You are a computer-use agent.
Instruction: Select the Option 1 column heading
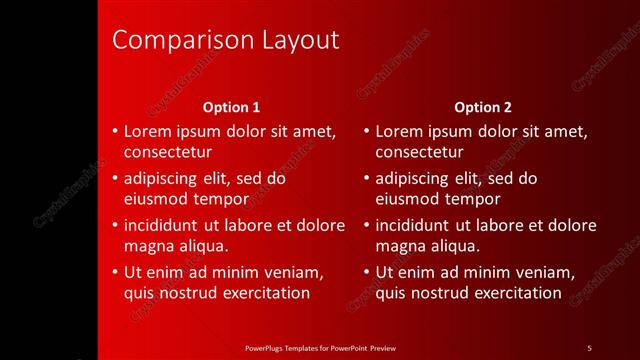coord(231,106)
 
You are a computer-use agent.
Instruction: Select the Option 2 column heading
coord(483,106)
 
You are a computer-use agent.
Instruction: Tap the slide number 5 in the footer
coord(589,347)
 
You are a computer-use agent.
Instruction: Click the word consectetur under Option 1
coord(167,152)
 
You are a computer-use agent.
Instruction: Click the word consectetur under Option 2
coord(419,152)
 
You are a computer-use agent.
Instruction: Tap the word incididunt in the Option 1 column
coord(166,225)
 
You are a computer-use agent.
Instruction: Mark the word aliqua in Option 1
coord(205,246)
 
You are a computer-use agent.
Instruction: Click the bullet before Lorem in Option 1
coord(115,131)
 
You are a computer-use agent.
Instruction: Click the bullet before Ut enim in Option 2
coord(367,272)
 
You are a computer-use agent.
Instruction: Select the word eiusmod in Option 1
coord(155,199)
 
